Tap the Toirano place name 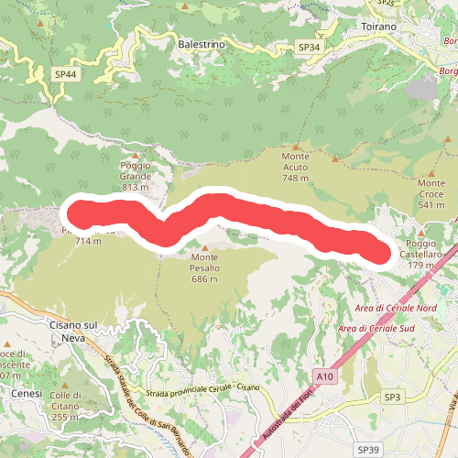point(378,27)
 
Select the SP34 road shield point(310,47)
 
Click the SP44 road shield point(64,73)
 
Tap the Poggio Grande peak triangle point(136,155)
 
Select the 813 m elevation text point(135,188)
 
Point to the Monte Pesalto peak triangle point(205,246)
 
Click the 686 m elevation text point(205,278)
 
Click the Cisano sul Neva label point(71,331)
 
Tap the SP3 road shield point(393,397)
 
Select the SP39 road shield point(368,450)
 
